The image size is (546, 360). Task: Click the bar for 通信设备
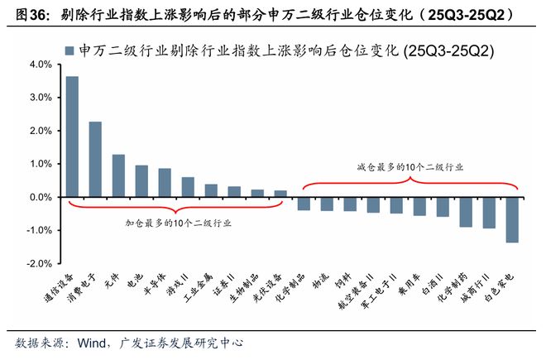(x=73, y=137)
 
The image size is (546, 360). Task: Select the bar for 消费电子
(x=96, y=160)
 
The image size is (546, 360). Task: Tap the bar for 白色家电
(x=513, y=219)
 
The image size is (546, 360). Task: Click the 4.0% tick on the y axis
(x=41, y=65)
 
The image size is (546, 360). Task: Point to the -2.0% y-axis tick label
(x=39, y=264)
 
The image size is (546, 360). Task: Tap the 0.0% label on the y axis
(x=41, y=198)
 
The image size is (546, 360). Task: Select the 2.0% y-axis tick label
(x=41, y=131)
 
